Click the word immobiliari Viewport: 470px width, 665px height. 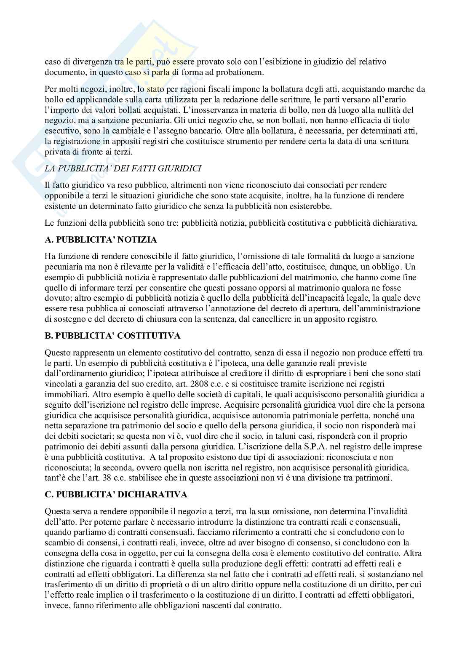pos(64,395)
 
